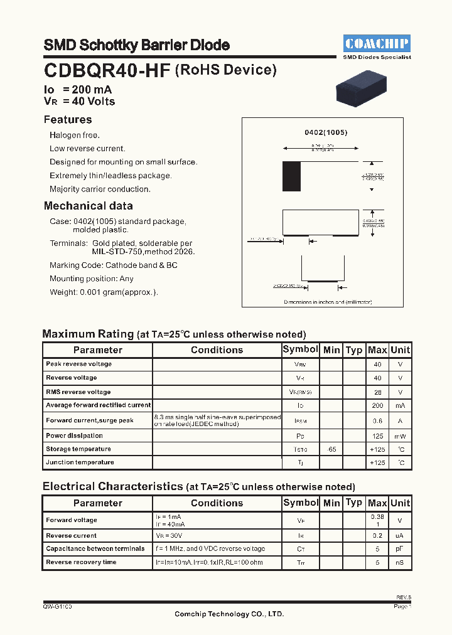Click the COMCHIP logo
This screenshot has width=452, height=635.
(x=377, y=43)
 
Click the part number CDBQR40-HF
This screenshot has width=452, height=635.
(x=107, y=70)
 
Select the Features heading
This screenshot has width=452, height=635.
(x=68, y=120)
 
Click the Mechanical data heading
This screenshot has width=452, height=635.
(x=88, y=206)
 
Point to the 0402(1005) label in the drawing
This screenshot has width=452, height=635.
(x=326, y=132)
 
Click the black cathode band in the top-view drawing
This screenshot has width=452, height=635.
(x=291, y=176)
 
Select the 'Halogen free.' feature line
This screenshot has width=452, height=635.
(x=75, y=135)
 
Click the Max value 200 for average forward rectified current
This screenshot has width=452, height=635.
(x=377, y=406)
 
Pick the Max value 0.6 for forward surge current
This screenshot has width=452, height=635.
(x=377, y=421)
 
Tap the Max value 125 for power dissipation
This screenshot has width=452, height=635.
(x=377, y=436)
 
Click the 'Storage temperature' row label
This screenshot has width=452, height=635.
(x=78, y=449)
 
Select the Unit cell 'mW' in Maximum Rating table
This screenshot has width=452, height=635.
(x=400, y=436)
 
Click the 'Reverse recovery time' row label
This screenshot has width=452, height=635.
(x=81, y=562)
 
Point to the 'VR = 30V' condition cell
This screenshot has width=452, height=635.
(x=169, y=536)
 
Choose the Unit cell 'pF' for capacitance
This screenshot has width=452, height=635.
(x=400, y=549)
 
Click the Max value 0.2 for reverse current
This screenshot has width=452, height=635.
(x=377, y=536)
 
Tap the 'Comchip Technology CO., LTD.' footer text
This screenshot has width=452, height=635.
(x=229, y=614)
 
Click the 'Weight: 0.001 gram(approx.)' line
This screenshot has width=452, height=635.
(x=104, y=292)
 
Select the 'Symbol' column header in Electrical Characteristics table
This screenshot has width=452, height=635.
(x=301, y=503)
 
